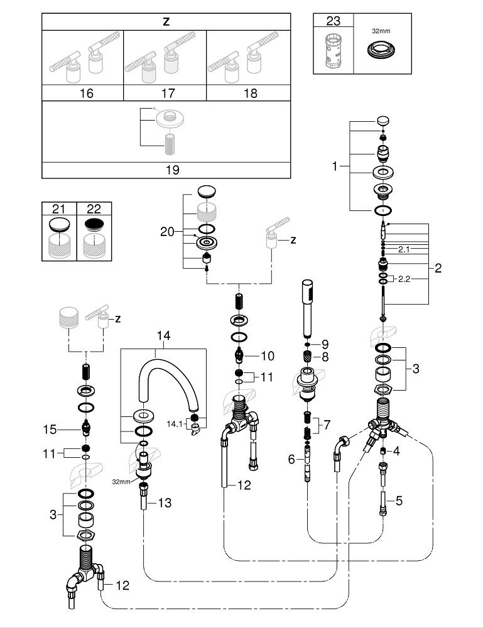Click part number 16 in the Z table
(x=86, y=93)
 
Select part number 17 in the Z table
(x=168, y=93)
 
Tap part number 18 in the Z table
(x=250, y=93)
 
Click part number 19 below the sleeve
(x=166, y=169)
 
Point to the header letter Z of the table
(x=166, y=21)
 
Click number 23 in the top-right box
(x=333, y=21)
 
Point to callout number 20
(x=167, y=231)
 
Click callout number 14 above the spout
(x=163, y=336)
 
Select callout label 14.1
(x=175, y=425)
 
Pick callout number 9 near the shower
(x=325, y=344)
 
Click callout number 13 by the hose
(x=165, y=502)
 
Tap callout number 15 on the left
(x=50, y=430)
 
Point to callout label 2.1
(x=404, y=249)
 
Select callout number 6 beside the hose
(x=290, y=459)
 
